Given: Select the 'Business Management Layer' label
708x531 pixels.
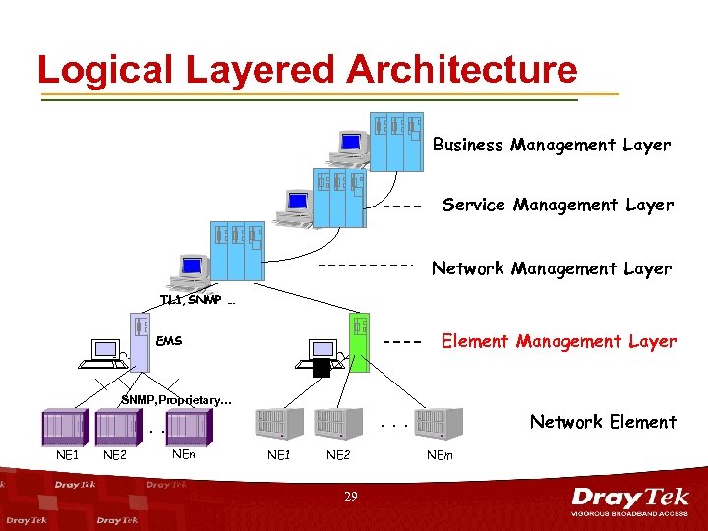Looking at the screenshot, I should pos(552,145).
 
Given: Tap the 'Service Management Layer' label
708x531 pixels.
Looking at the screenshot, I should pos(558,205).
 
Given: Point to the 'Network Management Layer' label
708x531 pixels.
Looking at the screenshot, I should pos(552,268).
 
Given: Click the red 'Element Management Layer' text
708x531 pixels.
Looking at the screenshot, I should pos(559,341).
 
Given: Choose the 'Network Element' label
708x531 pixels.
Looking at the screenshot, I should pos(603,422).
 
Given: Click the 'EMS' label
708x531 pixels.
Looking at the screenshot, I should pos(169,341).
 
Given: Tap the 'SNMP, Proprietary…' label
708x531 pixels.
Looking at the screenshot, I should pos(177,400).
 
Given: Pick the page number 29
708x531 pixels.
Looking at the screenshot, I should pos(351,498).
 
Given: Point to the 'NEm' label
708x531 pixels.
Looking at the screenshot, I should pos(440,455).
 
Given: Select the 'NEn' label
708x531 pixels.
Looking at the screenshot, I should pos(183,454).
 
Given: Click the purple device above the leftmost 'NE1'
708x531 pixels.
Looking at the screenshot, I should pos(65,426).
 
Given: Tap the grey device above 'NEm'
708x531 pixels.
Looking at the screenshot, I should pos(441,424).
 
